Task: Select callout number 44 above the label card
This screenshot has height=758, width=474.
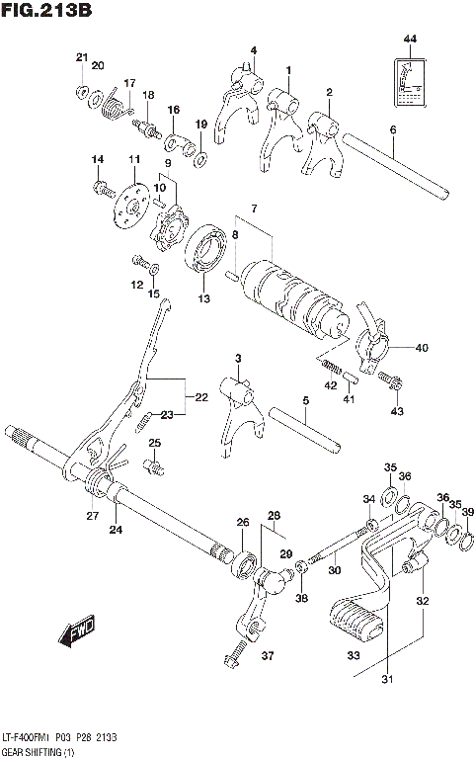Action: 410,39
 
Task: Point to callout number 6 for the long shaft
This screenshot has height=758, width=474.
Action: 392,128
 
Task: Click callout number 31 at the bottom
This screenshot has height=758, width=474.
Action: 386,679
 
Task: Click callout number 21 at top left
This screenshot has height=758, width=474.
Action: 81,57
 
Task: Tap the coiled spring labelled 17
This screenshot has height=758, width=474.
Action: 115,105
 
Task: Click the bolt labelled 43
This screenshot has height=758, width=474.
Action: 394,379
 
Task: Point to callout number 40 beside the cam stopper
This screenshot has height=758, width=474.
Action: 422,347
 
